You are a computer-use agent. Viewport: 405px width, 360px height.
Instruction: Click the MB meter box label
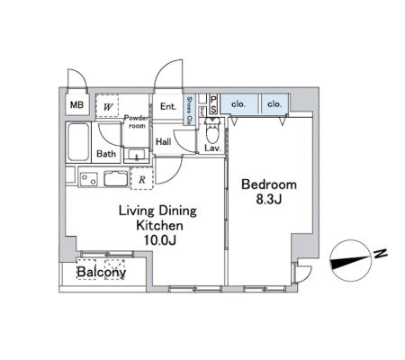point(76,104)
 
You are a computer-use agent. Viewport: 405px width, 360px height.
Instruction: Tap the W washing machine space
point(107,106)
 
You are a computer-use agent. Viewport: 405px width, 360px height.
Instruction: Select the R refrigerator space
point(142,179)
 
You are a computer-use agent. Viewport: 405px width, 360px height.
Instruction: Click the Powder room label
point(137,121)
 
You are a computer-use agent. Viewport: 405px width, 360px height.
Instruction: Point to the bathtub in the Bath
point(78,142)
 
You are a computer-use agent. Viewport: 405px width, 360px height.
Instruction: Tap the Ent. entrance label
point(168,106)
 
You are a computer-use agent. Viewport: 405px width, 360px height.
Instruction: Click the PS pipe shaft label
point(213,104)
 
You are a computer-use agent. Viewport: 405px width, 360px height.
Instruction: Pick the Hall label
point(164,141)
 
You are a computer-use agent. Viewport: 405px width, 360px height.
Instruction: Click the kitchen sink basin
point(116,178)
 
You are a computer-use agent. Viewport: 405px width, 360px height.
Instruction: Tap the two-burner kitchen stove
point(89,179)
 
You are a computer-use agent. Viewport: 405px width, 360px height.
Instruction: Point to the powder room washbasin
point(137,155)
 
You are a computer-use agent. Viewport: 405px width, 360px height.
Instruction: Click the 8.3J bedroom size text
point(269,200)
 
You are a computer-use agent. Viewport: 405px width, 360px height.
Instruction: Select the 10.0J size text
point(159,240)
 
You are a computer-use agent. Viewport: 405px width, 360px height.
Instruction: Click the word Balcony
point(102,273)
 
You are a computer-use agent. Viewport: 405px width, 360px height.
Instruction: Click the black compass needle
point(349,262)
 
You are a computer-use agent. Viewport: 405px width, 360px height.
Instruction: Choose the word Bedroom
point(269,184)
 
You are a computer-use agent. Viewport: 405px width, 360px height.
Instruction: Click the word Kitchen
point(159,225)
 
